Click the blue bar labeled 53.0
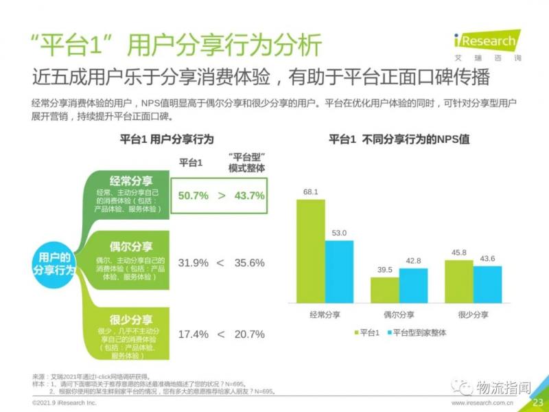(339, 271)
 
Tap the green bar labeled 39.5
(384, 290)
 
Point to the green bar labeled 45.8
(459, 281)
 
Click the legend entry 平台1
(367, 332)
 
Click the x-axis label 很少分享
(474, 314)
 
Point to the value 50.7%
(193, 196)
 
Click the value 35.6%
(249, 263)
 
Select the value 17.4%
(193, 334)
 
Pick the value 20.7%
(249, 334)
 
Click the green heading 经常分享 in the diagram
(130, 181)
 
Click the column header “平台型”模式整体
(246, 162)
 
